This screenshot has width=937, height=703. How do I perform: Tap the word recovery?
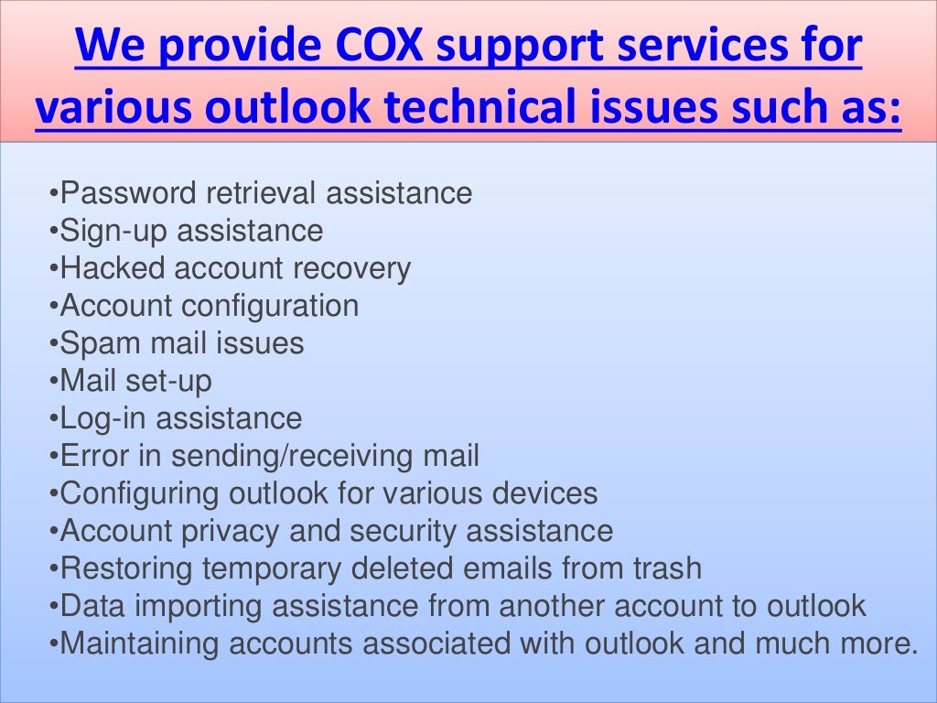click(x=351, y=268)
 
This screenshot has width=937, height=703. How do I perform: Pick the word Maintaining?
click(x=139, y=644)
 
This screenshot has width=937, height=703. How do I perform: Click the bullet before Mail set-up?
click(x=54, y=382)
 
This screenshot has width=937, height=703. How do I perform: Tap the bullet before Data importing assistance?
click(x=54, y=607)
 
